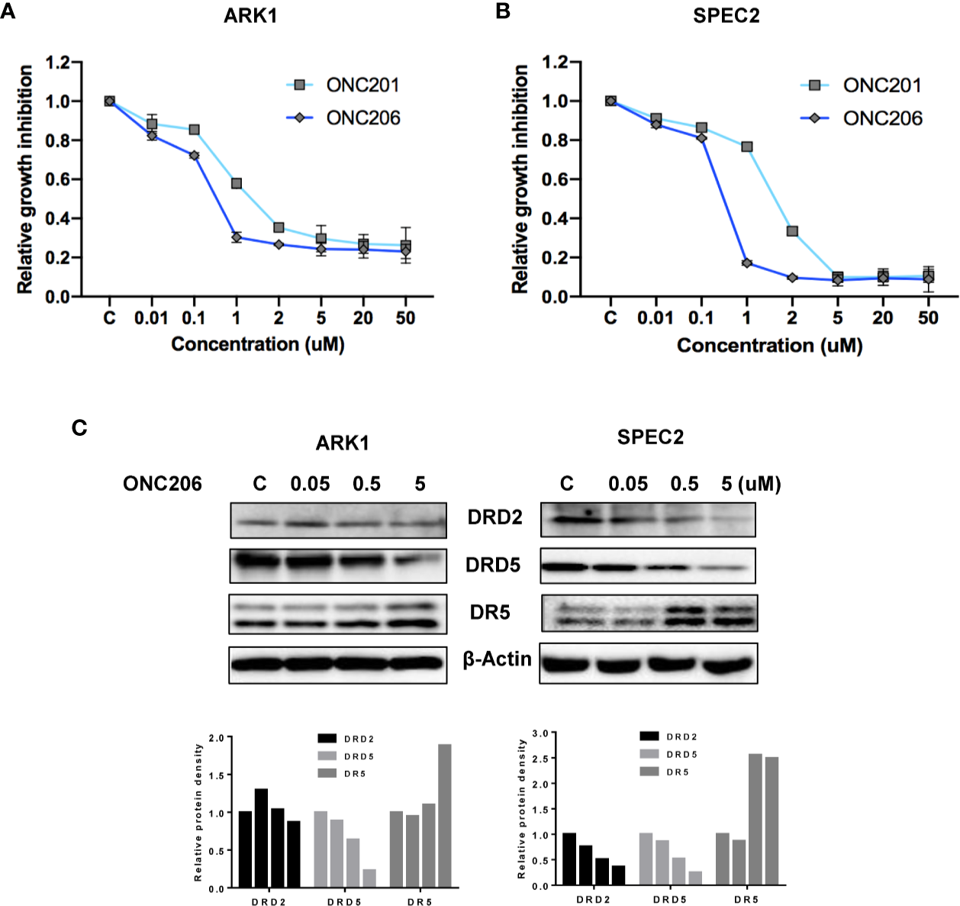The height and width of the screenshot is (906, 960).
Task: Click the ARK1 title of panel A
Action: (x=250, y=16)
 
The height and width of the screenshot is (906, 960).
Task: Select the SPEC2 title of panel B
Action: (x=726, y=16)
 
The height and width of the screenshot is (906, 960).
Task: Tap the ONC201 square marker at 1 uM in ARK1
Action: (x=237, y=184)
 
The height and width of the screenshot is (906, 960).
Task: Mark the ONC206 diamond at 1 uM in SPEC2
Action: (x=746, y=263)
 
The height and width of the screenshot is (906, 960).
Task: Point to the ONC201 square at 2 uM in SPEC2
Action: (x=792, y=231)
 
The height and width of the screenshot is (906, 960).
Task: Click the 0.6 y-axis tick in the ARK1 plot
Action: (x=58, y=179)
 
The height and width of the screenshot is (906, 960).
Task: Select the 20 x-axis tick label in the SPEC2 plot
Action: (x=882, y=318)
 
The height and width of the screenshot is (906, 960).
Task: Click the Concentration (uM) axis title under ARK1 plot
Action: (x=258, y=344)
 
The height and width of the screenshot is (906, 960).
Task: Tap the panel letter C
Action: (x=79, y=428)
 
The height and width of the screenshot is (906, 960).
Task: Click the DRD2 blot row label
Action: (x=494, y=517)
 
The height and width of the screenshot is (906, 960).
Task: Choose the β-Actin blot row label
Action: (x=498, y=659)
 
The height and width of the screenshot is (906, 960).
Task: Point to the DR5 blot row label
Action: (x=490, y=612)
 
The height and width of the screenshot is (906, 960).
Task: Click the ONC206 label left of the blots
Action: (x=163, y=484)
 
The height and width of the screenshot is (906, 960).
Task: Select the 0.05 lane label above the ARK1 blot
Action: (x=310, y=484)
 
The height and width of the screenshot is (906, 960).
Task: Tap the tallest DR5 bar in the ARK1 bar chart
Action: (x=445, y=815)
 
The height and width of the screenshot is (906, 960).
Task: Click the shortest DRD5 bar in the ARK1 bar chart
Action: (x=369, y=878)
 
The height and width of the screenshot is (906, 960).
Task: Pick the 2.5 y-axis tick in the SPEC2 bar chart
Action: (x=540, y=759)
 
